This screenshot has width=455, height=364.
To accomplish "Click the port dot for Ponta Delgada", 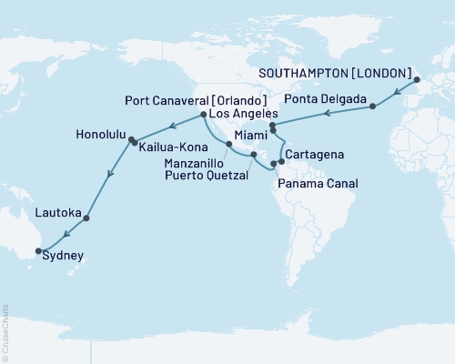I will [372, 107].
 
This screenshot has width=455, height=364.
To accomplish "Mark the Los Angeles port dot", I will [201, 116].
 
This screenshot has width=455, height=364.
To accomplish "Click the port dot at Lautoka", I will [86, 218].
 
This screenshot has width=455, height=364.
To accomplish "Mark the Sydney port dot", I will [38, 250].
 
